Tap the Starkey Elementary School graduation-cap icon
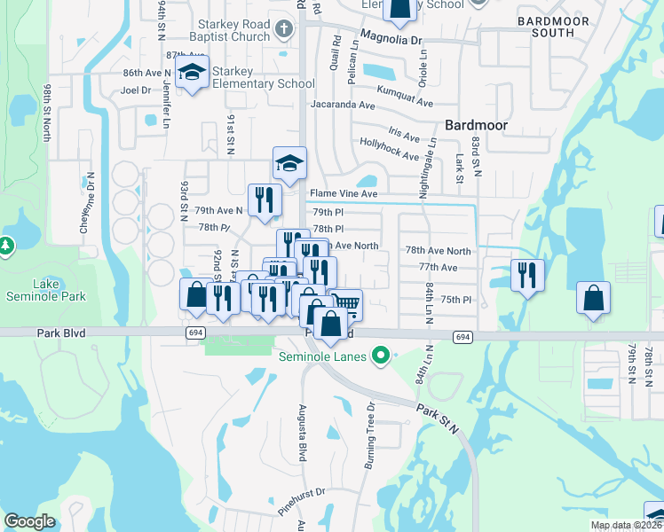[191, 74]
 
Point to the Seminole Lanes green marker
[381, 356]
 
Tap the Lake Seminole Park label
[47, 290]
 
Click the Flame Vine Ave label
[344, 193]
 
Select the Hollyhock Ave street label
[389, 149]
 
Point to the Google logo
[29, 521]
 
